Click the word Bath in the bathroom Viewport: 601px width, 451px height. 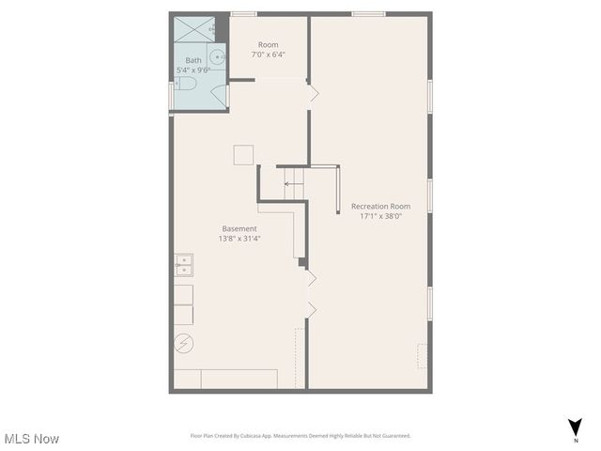tap(193, 60)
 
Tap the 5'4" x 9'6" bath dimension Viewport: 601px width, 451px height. tap(193, 70)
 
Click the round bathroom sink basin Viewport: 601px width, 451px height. tap(217, 56)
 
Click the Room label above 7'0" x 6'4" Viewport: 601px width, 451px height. tap(269, 44)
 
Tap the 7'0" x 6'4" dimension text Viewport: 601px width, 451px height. tap(269, 54)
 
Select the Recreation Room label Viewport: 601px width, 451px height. tap(380, 206)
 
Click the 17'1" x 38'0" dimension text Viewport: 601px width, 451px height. tap(380, 216)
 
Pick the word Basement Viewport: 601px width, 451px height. tap(239, 228)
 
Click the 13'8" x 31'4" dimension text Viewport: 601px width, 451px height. tap(239, 239)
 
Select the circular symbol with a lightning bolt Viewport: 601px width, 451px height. tap(183, 344)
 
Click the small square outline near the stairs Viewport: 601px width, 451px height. tap(244, 155)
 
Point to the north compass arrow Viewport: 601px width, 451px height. tap(575, 427)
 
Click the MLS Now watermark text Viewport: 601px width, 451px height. tap(32, 439)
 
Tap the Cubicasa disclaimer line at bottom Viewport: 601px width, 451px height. tap(300, 436)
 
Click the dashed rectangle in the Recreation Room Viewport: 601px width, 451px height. tap(423, 356)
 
